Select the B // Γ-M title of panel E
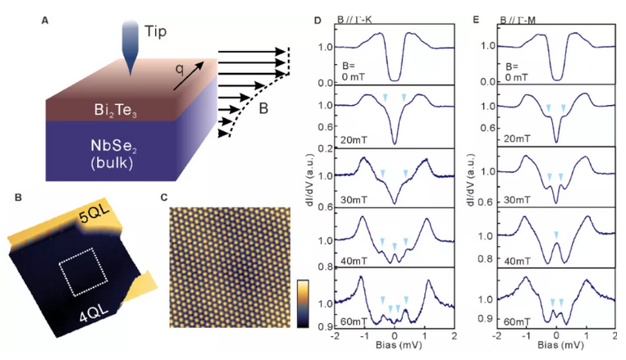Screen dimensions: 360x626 510,11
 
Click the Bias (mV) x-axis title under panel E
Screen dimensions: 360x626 555,348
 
